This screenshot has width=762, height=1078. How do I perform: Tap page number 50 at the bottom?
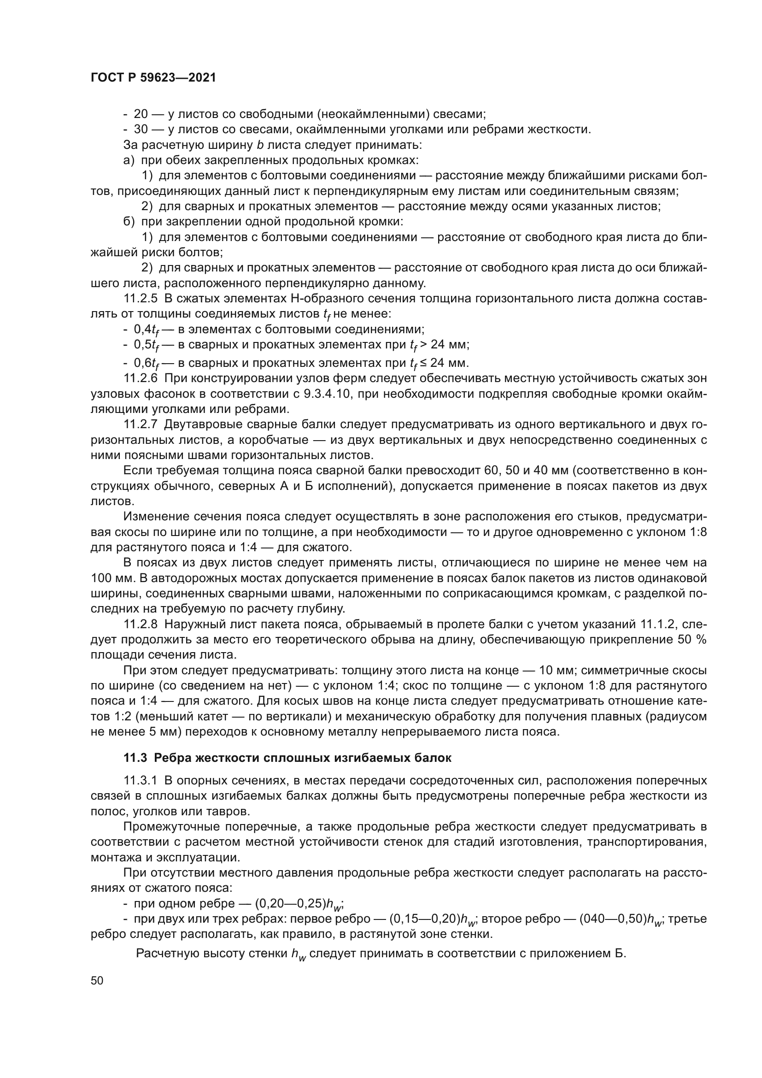coord(97,980)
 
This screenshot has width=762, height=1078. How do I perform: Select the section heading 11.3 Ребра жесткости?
coord(287,758)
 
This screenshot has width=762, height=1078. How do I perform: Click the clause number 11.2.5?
coord(141,299)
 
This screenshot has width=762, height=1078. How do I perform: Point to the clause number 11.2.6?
coord(141,378)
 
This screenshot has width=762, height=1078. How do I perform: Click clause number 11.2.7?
coord(141,425)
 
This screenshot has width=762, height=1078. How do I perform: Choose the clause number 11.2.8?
coord(141,624)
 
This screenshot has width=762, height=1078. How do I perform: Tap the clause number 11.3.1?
coord(141,781)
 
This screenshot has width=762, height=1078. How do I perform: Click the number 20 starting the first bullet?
coord(141,114)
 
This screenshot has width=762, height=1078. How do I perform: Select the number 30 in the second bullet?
coord(141,130)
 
